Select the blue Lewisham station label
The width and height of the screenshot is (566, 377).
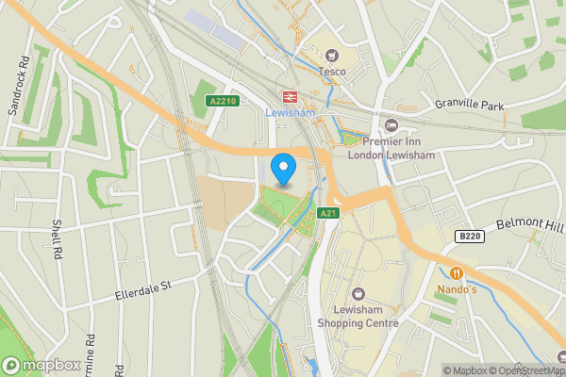coord(290,112)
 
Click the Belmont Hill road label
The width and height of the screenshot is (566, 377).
coord(528,227)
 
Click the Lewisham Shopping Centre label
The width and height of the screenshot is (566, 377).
coord(358,316)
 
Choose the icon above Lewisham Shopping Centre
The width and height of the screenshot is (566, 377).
coord(358,292)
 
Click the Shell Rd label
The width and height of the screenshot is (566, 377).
coord(57,238)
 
